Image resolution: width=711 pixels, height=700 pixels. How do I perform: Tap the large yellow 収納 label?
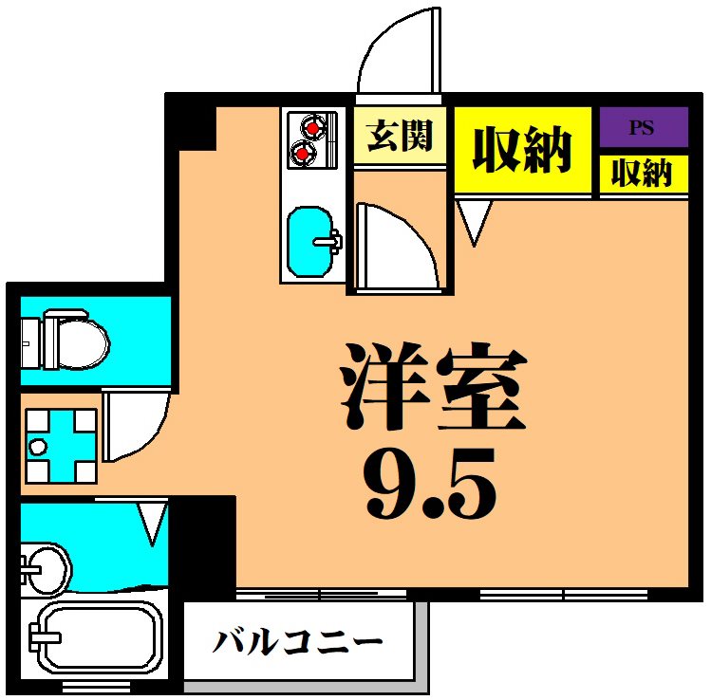[x=522, y=150]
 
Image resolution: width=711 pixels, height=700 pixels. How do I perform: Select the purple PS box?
[x=644, y=127]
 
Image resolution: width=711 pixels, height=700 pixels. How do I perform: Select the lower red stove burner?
[x=303, y=152]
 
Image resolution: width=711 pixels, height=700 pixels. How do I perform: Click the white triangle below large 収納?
[x=473, y=220]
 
